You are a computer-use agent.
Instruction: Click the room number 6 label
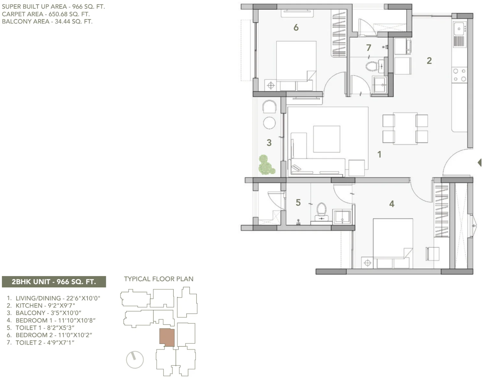tap(296, 28)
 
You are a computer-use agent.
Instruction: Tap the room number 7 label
tap(368, 48)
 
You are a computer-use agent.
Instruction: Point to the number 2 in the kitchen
tap(429, 61)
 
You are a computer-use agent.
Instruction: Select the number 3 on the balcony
tap(269, 143)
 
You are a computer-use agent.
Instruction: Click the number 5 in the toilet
tap(298, 203)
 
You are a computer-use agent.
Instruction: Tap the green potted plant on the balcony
tap(266, 165)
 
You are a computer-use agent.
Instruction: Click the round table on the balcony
tap(269, 123)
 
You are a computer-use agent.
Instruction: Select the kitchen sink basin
tap(459, 29)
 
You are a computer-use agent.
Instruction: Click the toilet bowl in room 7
tap(372, 67)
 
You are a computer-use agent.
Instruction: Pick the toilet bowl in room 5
tap(321, 209)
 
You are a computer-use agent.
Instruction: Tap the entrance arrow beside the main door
tap(480, 163)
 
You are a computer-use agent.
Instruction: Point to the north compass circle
tap(135, 360)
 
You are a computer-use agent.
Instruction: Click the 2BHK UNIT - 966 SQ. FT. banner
tap(54, 282)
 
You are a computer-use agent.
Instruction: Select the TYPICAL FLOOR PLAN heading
tap(159, 279)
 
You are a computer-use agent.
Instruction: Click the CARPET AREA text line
tap(46, 14)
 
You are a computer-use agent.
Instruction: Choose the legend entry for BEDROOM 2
tap(49, 335)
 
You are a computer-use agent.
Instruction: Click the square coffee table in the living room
tap(327, 139)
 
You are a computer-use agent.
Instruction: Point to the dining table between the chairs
tap(405, 129)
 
